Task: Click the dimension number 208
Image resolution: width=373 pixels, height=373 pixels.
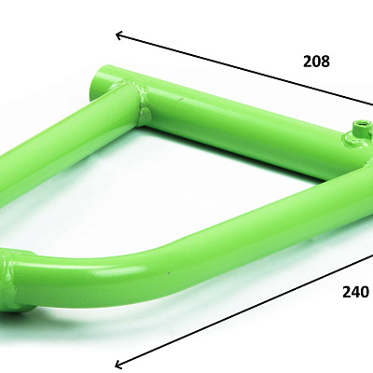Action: point(316,62)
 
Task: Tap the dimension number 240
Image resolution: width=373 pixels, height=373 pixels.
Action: point(355,292)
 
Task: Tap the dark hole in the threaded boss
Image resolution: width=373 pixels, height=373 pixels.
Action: point(364,125)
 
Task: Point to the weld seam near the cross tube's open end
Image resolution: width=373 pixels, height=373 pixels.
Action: point(142,101)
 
